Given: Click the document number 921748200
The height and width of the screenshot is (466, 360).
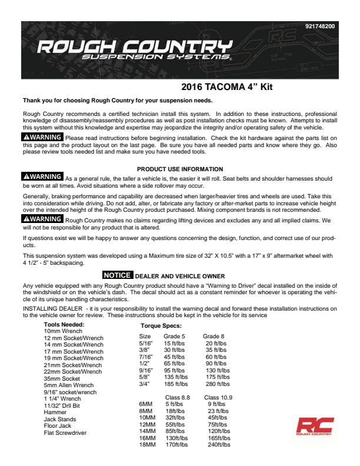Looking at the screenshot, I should tap(320, 26).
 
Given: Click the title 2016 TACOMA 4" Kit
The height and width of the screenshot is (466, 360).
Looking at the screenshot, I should tap(226, 87).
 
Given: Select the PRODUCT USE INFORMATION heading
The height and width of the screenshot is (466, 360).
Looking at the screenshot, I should tap(179, 169).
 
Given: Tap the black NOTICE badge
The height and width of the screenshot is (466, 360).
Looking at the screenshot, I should tap(118, 275).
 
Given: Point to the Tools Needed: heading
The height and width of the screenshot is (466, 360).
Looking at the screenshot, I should tap(64, 324).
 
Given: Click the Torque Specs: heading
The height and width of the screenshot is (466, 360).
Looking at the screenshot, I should tap(161, 325).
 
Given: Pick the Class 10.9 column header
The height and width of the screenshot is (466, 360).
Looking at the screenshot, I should tap(218, 397).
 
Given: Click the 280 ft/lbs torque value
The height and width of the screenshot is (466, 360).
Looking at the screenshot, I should tap(217, 384).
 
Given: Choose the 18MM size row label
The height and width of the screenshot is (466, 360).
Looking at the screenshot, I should tap(147, 445).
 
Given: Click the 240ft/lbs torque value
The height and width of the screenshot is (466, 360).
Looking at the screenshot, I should tap(218, 445).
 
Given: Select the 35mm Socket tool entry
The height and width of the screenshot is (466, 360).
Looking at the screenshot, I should tap(62, 378).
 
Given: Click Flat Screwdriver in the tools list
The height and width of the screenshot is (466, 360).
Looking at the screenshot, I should tap(65, 433).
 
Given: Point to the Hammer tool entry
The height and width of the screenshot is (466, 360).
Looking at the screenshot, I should tap(55, 412).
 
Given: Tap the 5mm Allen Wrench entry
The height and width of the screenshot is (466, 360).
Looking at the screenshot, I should tap(68, 385).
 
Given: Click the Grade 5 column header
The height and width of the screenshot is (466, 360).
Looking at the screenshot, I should tap(175, 336).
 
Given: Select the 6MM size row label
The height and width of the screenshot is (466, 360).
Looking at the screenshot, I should tap(145, 404).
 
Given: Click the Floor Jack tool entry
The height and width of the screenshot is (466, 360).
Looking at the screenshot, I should tap(58, 426).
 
